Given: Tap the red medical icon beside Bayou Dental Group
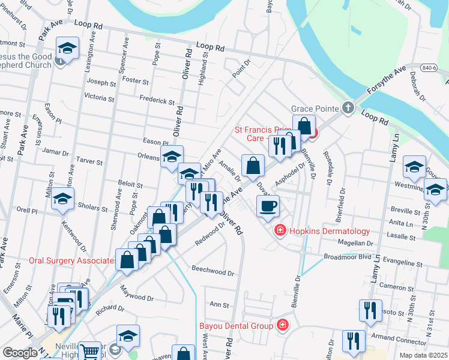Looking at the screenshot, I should point(282,326).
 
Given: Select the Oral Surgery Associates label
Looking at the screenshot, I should point(73,261).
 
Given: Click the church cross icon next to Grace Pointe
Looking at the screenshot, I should point(347,109).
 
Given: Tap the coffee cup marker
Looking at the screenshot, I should point(268,205).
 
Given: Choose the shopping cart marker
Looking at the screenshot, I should point(89,352).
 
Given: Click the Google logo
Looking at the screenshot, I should point(20,353).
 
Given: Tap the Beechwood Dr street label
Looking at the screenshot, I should point(212,271).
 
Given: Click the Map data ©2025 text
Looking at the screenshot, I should point(424,355).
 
